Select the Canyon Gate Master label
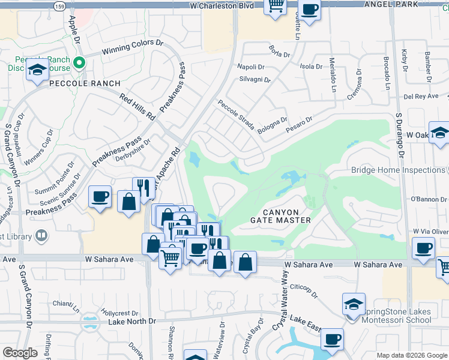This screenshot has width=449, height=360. click(281, 216)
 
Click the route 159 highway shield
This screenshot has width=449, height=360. click(59, 6)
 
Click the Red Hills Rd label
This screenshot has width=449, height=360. click(137, 107)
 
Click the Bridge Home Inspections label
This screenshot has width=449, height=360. click(399, 170)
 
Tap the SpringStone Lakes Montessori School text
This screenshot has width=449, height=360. click(398, 316)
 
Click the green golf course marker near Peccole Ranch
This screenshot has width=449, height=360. click(78, 62)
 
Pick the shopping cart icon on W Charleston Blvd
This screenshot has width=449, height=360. click(276, 7)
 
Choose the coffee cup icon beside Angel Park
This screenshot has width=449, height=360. click(310, 10)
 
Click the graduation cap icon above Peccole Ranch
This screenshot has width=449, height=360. click(37, 71)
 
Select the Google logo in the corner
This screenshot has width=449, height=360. click(20, 353)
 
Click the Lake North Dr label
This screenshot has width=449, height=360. click(132, 322)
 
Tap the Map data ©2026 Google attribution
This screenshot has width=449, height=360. click(411, 355)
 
